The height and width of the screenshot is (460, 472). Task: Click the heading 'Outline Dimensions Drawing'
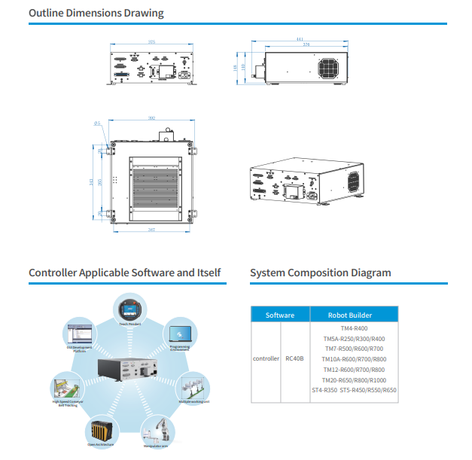[96, 13]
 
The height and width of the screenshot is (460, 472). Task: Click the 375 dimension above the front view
[151, 42]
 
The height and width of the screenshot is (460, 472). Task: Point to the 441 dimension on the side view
[300, 38]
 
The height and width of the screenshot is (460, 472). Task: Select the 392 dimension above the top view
[151, 117]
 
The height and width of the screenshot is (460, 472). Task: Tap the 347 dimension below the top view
[151, 230]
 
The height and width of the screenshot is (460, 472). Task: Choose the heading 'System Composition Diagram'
[320, 273]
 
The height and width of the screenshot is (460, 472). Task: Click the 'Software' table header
[280, 315]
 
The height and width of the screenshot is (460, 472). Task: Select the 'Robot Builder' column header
[350, 315]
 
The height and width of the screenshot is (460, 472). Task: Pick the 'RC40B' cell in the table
[294, 359]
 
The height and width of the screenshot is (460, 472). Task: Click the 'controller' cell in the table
[265, 359]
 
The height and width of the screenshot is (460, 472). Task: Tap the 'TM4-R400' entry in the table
[354, 328]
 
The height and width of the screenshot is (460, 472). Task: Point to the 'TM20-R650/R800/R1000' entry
[354, 380]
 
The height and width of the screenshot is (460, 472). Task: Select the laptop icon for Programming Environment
[179, 334]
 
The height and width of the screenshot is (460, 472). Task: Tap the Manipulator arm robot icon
[159, 431]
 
